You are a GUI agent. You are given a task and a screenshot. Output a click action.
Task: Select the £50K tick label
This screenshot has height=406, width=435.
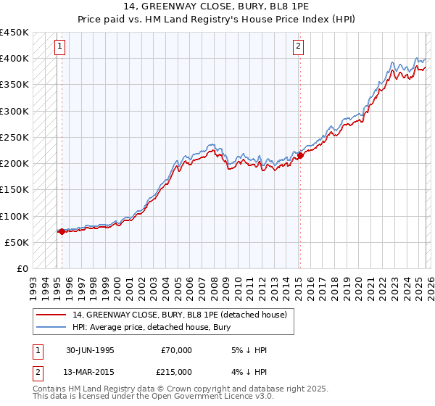(x=17, y=242)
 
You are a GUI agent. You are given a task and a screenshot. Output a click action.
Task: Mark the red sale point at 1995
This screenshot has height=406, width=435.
(x=62, y=232)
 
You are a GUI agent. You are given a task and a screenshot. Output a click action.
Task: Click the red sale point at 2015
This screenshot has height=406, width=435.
(x=299, y=155)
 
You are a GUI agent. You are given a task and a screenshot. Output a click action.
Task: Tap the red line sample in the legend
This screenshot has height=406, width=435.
(x=52, y=315)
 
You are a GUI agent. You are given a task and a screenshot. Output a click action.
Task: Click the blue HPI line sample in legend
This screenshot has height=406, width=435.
(x=52, y=326)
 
